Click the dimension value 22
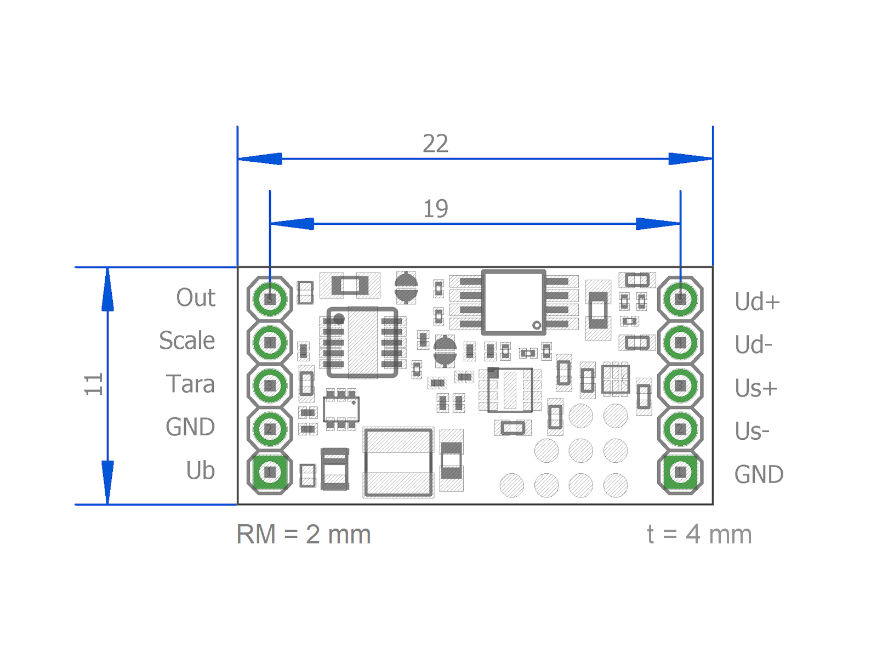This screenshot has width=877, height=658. click(x=435, y=144)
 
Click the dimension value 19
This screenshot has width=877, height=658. click(x=435, y=209)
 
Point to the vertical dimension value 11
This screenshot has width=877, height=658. click(x=94, y=384)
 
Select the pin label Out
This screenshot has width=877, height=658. click(x=196, y=298)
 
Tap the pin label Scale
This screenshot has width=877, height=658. click(x=187, y=341)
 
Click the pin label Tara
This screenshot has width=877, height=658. click(x=190, y=384)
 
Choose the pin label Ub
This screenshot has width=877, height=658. click(x=200, y=470)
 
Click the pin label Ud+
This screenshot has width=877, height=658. click(x=757, y=302)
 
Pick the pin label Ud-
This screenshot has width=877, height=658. click(x=753, y=345)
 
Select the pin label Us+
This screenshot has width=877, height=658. click(x=756, y=388)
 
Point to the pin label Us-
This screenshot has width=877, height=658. click(x=752, y=432)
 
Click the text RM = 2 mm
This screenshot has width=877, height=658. click(x=304, y=535)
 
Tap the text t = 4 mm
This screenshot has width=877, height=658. click(x=699, y=535)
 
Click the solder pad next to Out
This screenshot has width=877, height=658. click(x=270, y=299)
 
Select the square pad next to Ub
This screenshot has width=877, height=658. click(x=270, y=472)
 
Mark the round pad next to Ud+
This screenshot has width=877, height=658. click(x=680, y=299)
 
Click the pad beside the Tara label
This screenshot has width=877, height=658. click(x=270, y=385)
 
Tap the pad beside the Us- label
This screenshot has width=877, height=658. click(x=680, y=429)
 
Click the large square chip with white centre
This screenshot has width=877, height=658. click(x=514, y=302)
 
